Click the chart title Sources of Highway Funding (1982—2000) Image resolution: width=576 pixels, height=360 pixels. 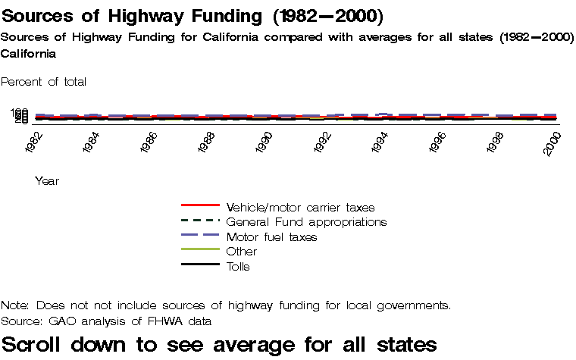pos(193,16)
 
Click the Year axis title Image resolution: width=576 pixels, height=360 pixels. pos(47,181)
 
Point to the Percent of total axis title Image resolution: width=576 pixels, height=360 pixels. pos(44,81)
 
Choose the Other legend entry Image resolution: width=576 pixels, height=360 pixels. pos(242,252)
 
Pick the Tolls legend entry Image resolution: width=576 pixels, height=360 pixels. pos(238,267)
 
